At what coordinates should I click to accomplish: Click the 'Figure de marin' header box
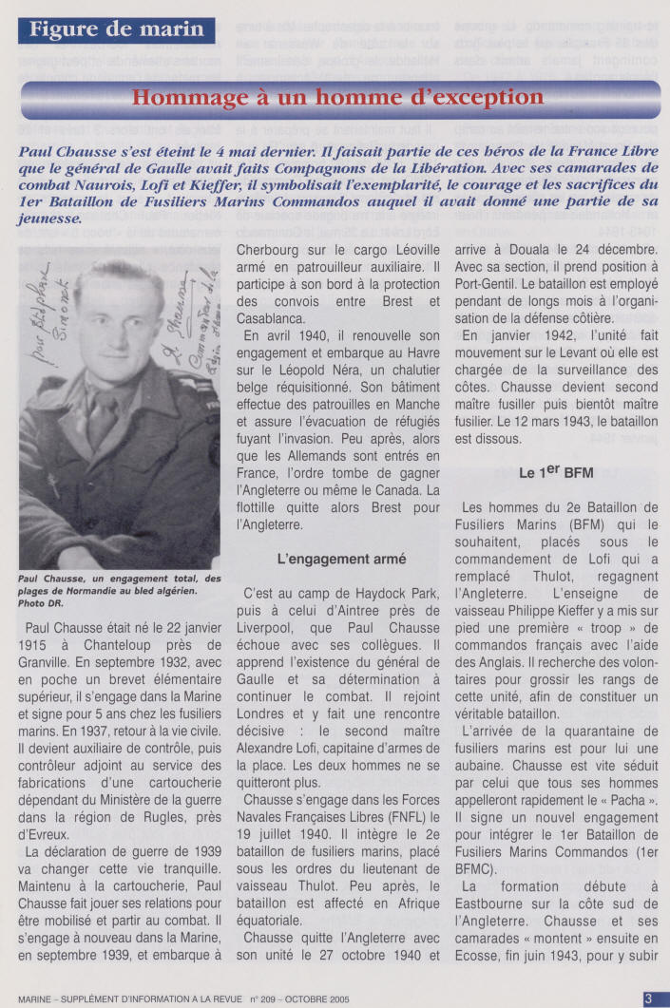click(116, 29)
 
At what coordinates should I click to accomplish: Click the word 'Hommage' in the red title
click(180, 97)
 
